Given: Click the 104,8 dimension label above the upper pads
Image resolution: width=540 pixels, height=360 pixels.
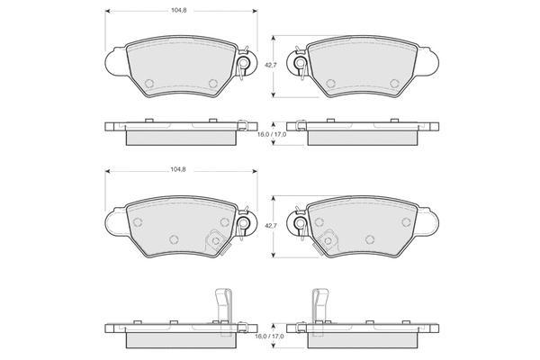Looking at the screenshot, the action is [x=179, y=10].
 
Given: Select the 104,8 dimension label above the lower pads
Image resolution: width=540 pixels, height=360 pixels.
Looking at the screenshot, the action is [x=178, y=169].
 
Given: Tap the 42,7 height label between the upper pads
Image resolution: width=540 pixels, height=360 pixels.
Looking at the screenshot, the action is [x=270, y=65].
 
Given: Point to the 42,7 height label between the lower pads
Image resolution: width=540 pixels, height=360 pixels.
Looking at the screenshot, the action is [x=270, y=225].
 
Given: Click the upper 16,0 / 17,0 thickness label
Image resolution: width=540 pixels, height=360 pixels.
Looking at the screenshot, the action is [x=272, y=134].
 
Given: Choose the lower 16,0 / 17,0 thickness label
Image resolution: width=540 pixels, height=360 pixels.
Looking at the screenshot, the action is [x=269, y=337].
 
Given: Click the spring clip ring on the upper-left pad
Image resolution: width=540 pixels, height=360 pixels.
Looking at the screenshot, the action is [x=244, y=63].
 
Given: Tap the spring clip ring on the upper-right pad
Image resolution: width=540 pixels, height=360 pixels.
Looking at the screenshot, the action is [x=300, y=63].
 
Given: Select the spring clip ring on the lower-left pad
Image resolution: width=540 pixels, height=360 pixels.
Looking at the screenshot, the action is [x=244, y=224].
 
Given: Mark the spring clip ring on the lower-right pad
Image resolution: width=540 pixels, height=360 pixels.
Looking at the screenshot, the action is [x=300, y=224].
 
